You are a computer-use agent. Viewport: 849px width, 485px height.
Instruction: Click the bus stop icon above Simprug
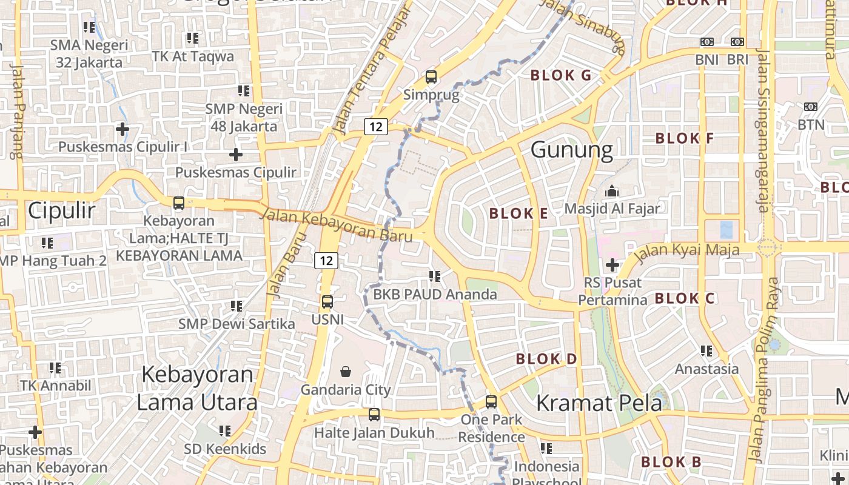431,77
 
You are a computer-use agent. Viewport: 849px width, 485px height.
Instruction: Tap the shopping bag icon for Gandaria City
346,371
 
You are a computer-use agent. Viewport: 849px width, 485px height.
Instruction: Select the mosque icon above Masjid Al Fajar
612,191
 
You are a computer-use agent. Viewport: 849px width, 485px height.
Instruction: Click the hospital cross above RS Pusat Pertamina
612,265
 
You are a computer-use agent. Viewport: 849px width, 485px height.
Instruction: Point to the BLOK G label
560,75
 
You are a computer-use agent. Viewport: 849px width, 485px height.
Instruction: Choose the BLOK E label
518,213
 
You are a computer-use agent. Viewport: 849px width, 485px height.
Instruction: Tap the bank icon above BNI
706,42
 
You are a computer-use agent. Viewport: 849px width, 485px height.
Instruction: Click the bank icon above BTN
811,107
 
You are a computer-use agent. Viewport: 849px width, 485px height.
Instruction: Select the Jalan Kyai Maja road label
687,250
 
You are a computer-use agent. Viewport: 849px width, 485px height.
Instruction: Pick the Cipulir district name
62,211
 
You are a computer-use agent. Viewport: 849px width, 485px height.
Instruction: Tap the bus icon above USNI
327,301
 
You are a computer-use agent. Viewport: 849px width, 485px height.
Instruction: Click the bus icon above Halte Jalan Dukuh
374,415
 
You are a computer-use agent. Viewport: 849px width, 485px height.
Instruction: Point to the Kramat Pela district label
599,403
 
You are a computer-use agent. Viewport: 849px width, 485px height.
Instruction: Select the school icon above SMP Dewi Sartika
237,306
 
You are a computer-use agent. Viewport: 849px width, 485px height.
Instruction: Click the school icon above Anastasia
706,351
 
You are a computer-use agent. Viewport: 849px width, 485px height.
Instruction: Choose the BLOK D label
546,359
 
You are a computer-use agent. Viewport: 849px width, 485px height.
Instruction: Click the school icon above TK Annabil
55,368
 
